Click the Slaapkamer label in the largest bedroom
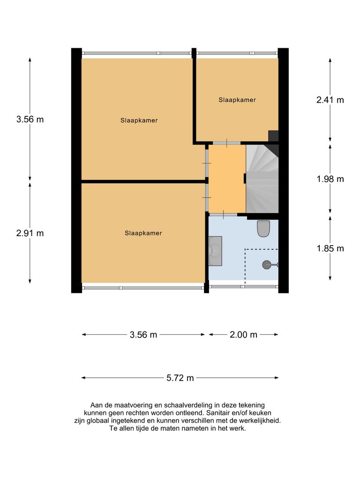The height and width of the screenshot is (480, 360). pos(139,120)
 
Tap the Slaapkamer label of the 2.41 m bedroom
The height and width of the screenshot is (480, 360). pos(237,100)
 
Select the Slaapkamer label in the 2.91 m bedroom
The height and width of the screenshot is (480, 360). pos(143,233)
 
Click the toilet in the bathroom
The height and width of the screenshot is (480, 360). pos(263,228)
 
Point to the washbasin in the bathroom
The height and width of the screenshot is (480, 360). pos(215,251)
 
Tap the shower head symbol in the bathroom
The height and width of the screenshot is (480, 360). pos(267,265)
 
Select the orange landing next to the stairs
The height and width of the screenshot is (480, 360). pos(227,178)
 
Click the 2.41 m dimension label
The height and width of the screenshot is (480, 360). pos(330,100)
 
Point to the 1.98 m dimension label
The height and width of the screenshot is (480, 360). pos(330,179)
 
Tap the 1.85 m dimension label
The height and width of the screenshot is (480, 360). pos(330,248)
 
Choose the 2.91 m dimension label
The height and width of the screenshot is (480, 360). pos(30,233)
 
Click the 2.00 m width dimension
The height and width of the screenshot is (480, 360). pos(244,335)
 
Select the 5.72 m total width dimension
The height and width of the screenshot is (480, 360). pos(180,378)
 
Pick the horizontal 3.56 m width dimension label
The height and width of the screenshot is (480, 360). pos(143,335)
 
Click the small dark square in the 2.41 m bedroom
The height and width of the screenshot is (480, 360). pos(273,135)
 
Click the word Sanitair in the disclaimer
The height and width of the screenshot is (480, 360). pos(219,412)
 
